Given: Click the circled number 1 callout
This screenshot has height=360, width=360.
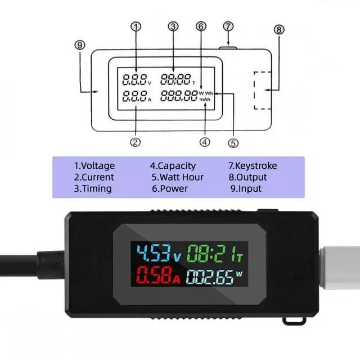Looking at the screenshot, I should (x=136, y=26).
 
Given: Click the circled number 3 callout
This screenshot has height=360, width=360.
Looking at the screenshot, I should (x=173, y=26).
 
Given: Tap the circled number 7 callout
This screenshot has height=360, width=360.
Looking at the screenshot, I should (x=227, y=26).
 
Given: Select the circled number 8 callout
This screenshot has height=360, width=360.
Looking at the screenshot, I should (x=279, y=30).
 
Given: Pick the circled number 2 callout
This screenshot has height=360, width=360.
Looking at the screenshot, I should (x=135, y=142).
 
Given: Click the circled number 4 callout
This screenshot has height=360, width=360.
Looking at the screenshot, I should (x=205, y=142).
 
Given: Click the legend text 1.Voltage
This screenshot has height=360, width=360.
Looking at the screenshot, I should (x=94, y=166).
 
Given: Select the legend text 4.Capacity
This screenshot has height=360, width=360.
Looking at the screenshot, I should (x=173, y=166).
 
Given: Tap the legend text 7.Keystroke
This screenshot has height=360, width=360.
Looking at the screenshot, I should (x=253, y=166).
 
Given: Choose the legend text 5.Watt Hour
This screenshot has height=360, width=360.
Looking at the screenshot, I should (x=177, y=177).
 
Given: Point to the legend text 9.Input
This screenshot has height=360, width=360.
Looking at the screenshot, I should (x=246, y=188).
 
